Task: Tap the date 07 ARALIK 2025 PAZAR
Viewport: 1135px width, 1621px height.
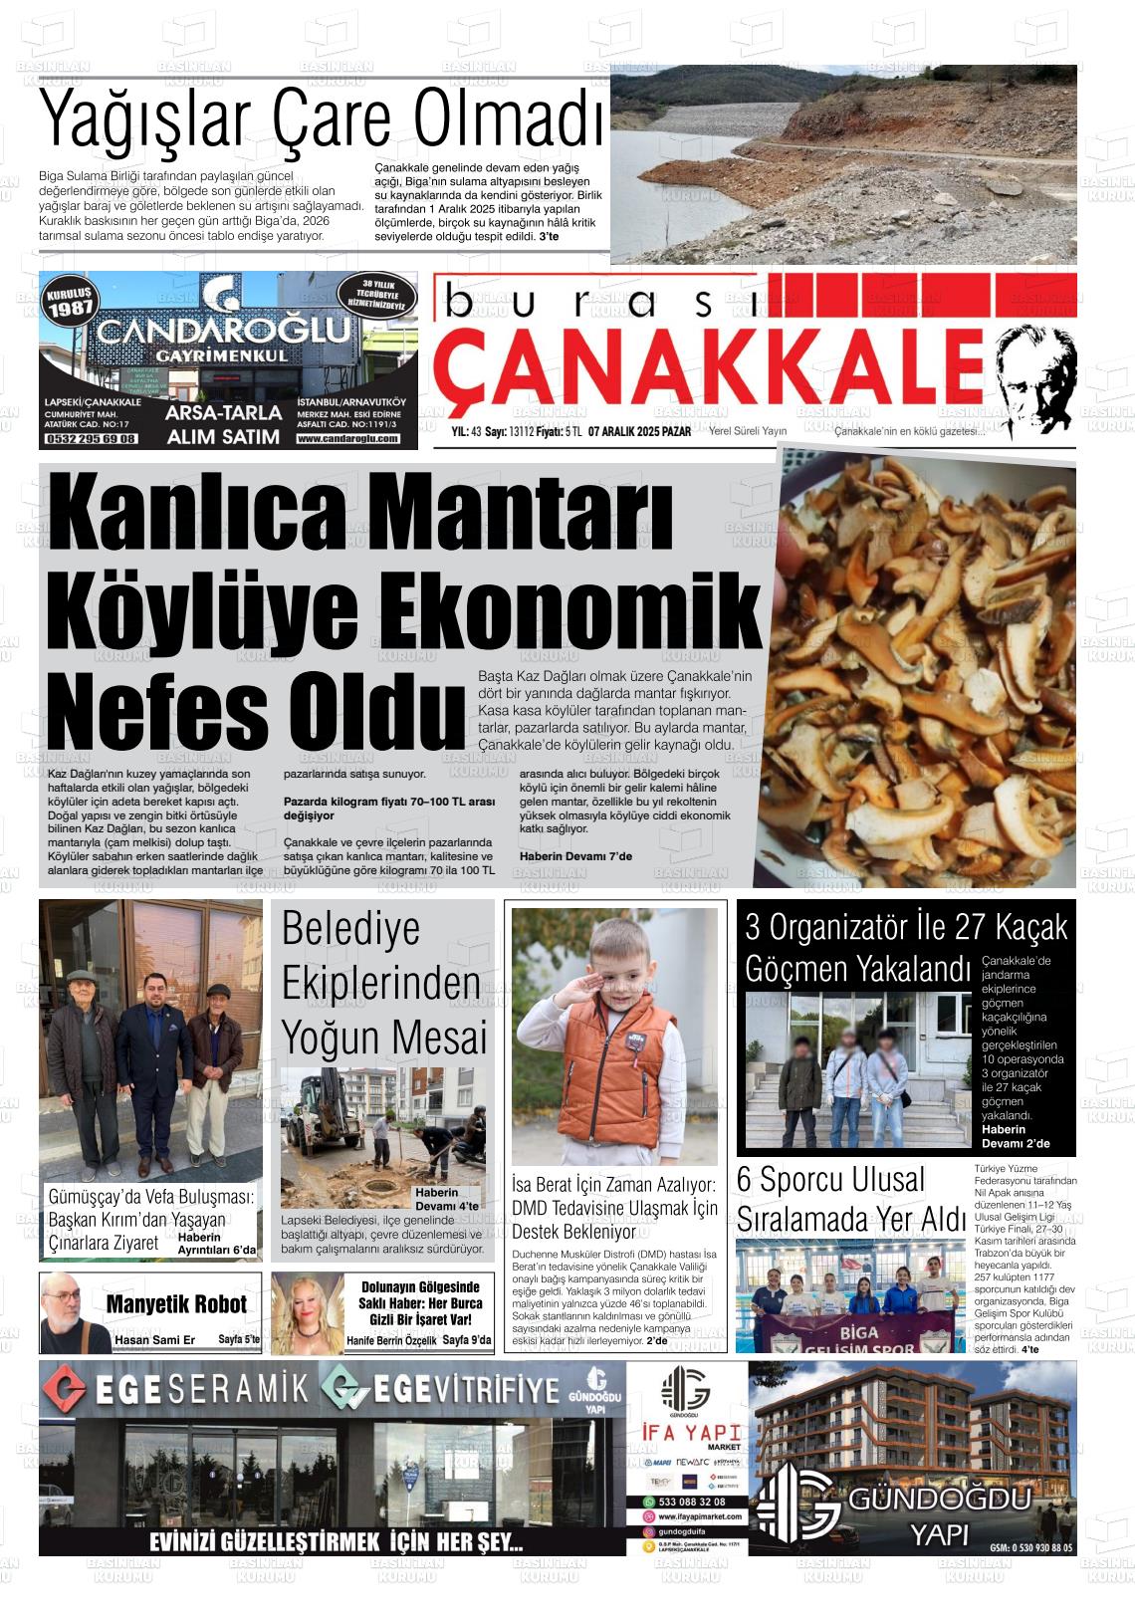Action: pos(639,431)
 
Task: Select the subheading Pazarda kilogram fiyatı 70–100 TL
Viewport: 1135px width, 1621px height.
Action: pos(388,802)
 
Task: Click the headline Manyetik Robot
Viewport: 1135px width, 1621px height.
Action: pos(176,1304)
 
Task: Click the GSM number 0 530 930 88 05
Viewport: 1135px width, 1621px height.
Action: pos(1031,1548)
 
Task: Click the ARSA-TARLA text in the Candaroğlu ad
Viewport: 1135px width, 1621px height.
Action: pos(222,414)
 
